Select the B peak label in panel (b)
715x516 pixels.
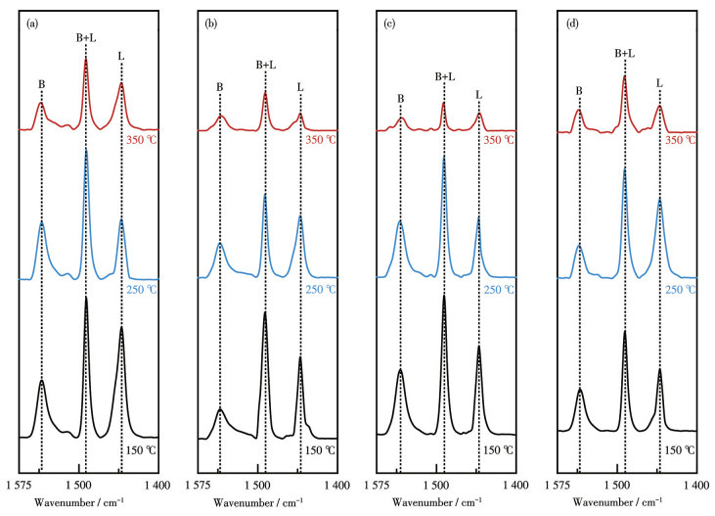point(220,87)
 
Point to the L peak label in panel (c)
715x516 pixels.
point(479,95)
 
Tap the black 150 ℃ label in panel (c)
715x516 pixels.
point(500,449)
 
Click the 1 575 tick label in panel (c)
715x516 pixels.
point(377,486)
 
